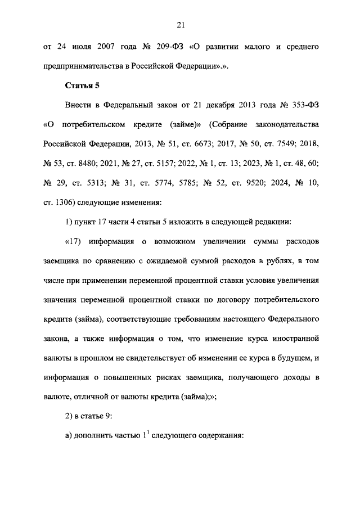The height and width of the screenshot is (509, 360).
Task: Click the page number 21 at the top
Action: click(180, 24)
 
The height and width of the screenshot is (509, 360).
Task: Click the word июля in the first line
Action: click(80, 46)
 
